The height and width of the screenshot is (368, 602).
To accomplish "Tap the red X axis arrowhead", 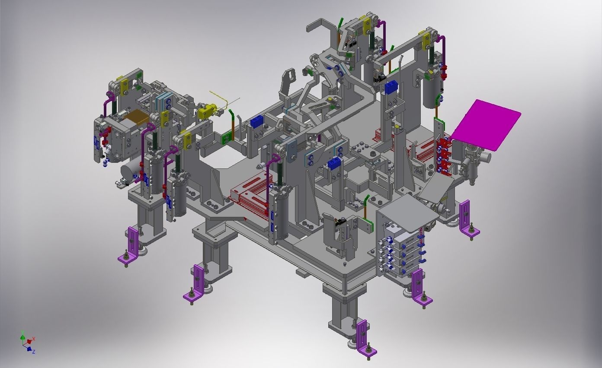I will pyautogui.click(x=33, y=339).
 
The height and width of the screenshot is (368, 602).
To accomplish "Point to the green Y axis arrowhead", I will pyautogui.click(x=22, y=333).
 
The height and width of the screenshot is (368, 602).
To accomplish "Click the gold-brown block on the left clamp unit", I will pyautogui.click(x=136, y=117).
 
